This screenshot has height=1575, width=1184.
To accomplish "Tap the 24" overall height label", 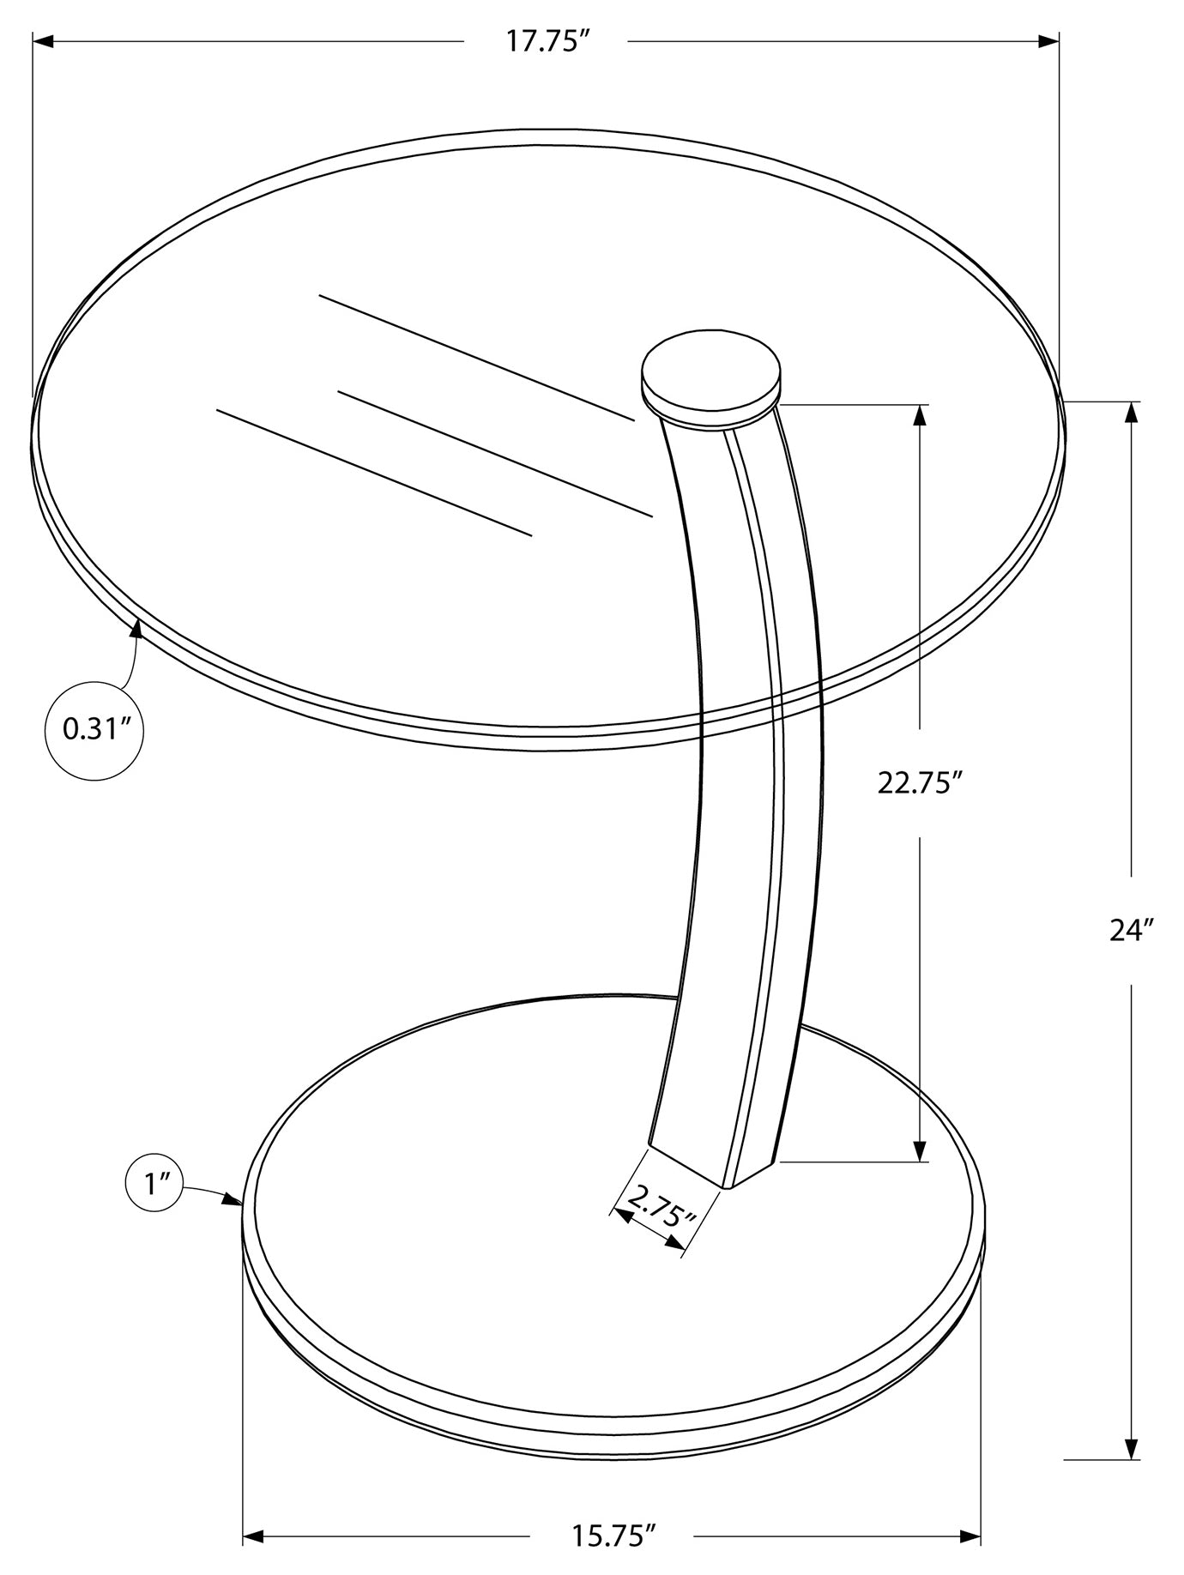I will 1132,930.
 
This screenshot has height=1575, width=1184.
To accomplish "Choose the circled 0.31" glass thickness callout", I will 94,730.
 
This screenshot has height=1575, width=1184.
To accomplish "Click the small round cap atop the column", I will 711,376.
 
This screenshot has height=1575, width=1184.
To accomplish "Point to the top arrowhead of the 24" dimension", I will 1132,413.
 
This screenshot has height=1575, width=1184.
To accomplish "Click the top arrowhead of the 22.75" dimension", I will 921,415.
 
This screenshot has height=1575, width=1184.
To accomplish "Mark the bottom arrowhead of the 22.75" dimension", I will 921,1151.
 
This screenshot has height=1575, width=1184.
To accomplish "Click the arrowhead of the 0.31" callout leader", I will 136,631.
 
